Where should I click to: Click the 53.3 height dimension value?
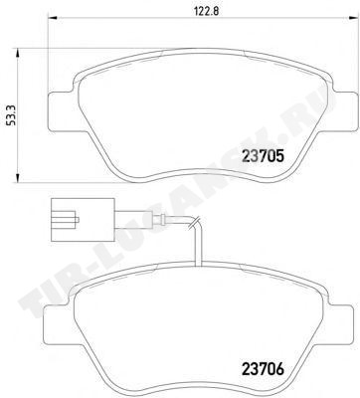tap(12, 115)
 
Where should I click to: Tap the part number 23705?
tap(264, 156)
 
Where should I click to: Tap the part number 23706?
tap(264, 368)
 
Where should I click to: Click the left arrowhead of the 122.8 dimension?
tap(53, 18)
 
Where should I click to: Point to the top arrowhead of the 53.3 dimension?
tap(17, 53)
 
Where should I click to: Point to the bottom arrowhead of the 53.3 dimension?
tap(17, 177)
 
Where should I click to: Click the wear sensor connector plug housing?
tap(83, 220)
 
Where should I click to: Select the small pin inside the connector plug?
tap(76, 220)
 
